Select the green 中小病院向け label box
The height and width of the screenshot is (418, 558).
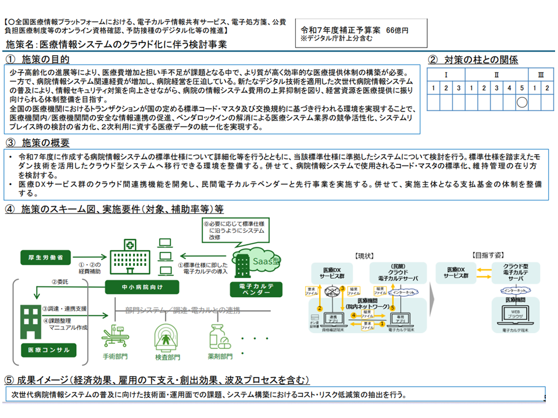coord(135,286)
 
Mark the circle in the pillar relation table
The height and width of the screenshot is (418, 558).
coord(521,102)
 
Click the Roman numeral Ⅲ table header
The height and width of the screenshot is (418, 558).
coord(541,75)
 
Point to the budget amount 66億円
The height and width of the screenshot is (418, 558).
coord(397,30)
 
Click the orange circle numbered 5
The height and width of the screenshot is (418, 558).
coord(392,308)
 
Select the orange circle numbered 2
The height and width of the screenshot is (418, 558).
coord(319,308)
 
